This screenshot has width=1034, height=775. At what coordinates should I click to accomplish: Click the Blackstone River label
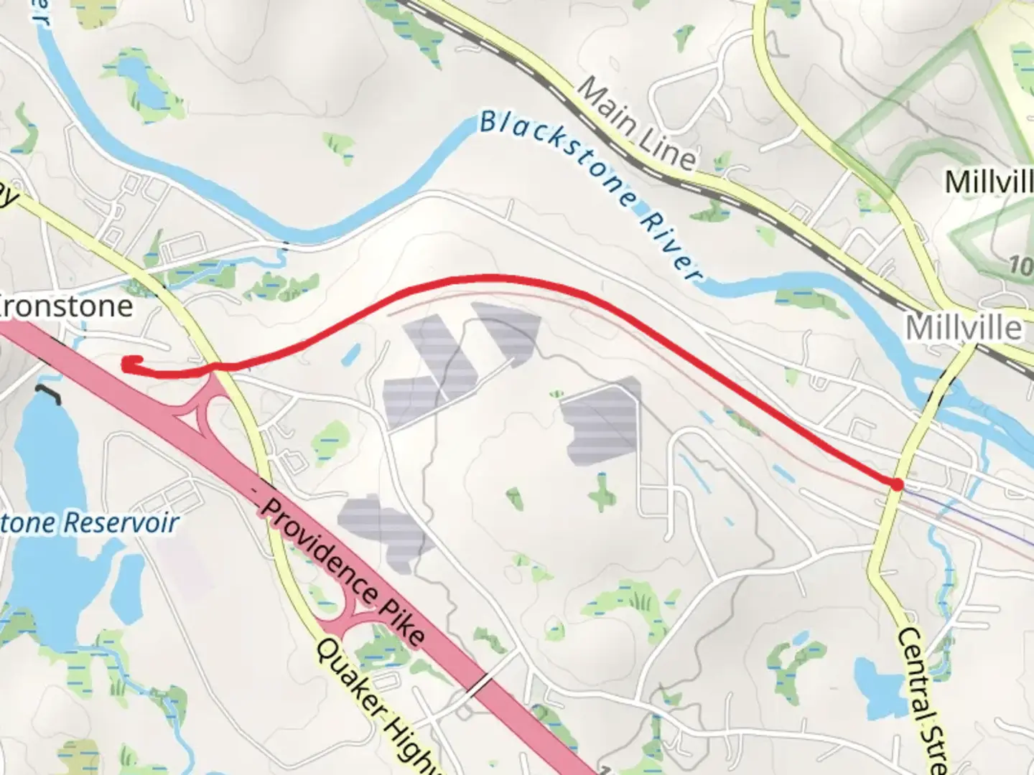[x=589, y=194]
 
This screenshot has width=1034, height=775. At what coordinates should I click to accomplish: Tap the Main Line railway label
[x=636, y=122]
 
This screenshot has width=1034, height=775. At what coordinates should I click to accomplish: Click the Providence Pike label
[x=343, y=570]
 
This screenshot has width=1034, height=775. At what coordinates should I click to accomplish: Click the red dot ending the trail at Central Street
[x=896, y=484]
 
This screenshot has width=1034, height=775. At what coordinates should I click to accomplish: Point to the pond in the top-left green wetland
[x=141, y=80]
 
